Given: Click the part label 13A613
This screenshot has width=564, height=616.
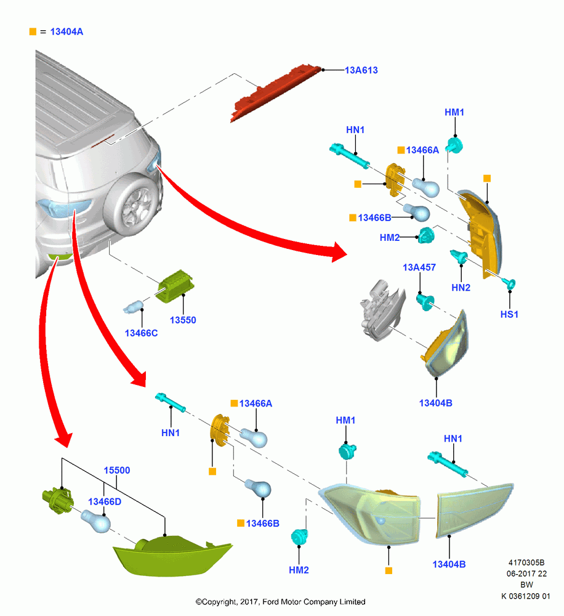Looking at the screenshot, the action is click(361, 70).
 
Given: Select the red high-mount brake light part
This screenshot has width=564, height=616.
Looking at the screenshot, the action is click(276, 93).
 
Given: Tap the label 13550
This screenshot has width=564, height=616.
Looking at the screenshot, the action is click(183, 320).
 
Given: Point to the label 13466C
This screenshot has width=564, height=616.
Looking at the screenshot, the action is click(141, 333).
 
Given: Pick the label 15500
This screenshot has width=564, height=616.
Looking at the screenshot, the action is click(116, 470).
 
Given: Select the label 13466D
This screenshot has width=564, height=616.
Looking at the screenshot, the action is click(105, 501).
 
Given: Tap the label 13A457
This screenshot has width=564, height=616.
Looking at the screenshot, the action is click(419, 267).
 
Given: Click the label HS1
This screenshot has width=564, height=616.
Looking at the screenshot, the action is click(509, 314).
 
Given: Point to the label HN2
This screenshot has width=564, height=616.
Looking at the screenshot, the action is click(461, 288).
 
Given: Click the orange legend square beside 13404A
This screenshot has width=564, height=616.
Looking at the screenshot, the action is click(33, 31).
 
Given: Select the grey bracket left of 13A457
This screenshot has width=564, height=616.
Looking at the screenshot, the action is click(382, 310).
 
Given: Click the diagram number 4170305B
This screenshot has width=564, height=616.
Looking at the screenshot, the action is click(526, 562).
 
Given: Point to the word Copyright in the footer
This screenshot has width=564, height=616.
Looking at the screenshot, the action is click(216, 602).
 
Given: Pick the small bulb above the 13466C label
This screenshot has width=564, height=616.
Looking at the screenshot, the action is click(134, 307).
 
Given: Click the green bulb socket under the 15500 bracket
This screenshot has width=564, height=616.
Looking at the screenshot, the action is click(57, 500).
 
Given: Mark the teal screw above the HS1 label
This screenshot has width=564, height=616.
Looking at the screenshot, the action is click(509, 283).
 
